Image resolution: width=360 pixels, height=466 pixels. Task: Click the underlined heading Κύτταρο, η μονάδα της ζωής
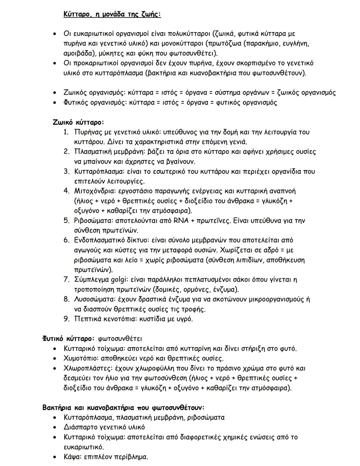(x=112, y=14)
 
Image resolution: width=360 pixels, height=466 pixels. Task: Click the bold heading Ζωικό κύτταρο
(x=78, y=122)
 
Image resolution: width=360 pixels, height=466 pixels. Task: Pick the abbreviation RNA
(x=182, y=221)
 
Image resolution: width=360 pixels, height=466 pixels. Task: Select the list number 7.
(x=66, y=280)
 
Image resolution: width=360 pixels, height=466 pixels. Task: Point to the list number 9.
(x=66, y=319)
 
